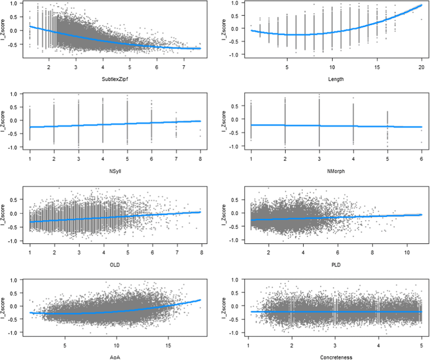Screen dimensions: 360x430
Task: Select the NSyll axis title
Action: (x=116, y=169)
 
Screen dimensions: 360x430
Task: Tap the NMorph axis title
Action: (x=335, y=169)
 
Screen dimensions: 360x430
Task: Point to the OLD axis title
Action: (x=116, y=264)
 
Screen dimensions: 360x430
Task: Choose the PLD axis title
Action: (x=335, y=264)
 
